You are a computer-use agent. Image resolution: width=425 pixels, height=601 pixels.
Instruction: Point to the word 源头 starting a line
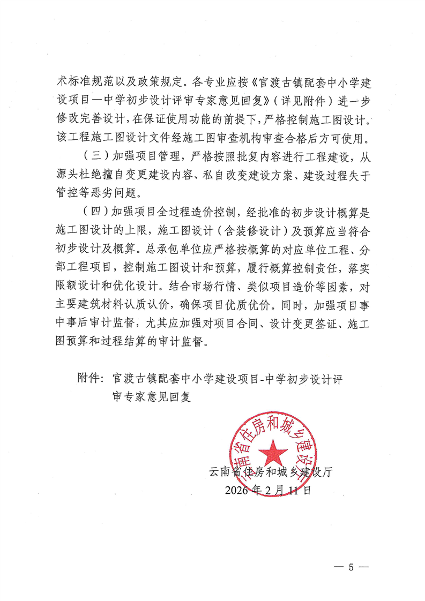(68, 175)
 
